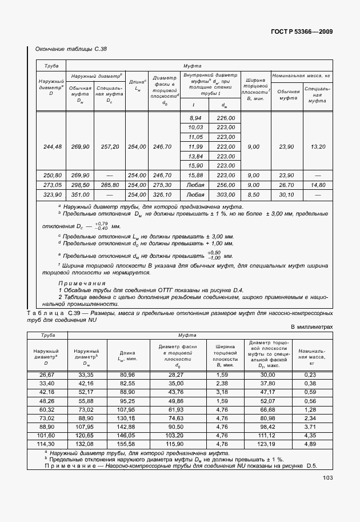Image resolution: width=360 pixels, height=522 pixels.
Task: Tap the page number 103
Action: point(327,478)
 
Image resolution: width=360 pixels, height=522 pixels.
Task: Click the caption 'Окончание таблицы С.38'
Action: point(71,50)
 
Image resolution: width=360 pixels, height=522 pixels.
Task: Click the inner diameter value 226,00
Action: point(225,118)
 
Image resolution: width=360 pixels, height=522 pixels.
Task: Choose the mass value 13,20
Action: point(317,147)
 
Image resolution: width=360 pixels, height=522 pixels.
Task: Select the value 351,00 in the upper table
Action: point(80,194)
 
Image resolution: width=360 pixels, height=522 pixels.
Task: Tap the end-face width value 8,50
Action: point(253,194)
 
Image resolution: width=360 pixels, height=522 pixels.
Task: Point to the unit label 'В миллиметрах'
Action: point(311,326)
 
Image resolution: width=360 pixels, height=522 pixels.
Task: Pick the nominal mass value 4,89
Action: point(311,443)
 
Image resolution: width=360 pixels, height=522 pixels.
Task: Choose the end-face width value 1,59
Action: point(223,374)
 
